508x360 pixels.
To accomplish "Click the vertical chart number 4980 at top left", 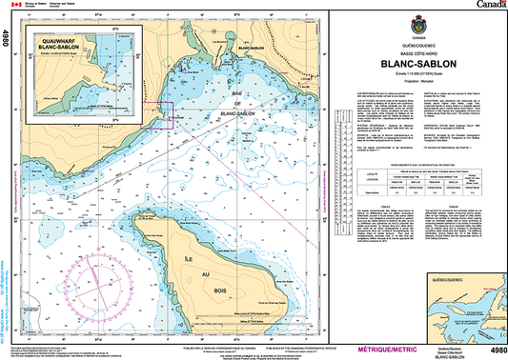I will (8, 39).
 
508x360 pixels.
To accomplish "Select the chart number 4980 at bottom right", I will (496, 350).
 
